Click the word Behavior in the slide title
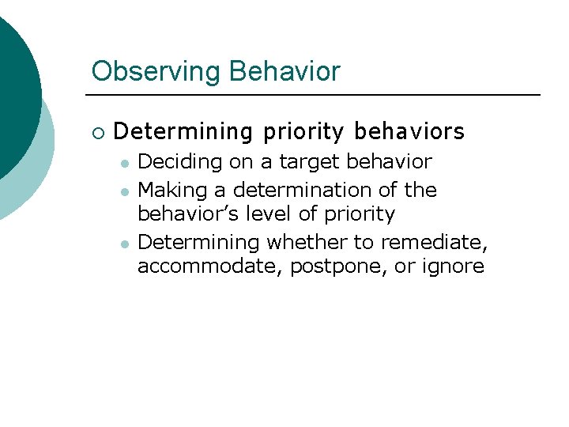(284, 72)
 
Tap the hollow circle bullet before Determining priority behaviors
(97, 131)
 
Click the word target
(304, 162)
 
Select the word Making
(175, 191)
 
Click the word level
(273, 214)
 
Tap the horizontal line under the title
(316, 96)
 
